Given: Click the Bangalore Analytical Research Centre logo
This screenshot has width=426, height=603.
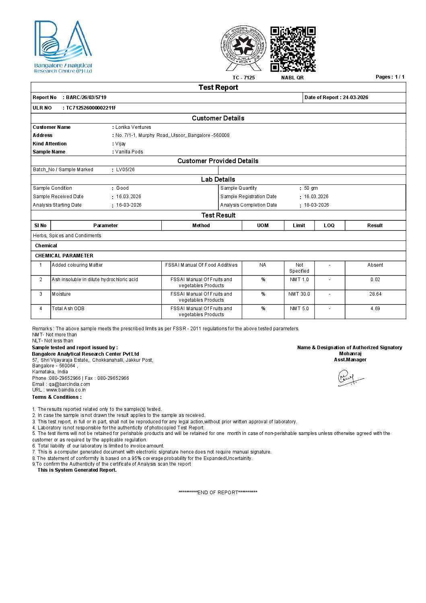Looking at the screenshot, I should pos(63,47).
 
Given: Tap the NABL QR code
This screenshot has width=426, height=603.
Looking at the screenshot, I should pos(292,49).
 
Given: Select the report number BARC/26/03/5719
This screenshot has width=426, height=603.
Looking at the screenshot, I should pos(86,97).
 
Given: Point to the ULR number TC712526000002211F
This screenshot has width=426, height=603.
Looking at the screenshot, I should pos(91,108).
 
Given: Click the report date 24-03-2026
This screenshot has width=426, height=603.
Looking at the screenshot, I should pos(355,97).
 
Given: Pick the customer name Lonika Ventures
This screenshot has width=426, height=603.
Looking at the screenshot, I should pos(133,127).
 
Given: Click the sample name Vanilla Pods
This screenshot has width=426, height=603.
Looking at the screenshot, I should pos(129,152).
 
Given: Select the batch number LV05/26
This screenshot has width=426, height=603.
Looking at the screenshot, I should pos(126,170).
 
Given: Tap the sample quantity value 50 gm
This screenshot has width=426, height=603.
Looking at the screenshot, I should pos(311,188).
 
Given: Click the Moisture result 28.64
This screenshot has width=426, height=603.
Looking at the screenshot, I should pos(375,294).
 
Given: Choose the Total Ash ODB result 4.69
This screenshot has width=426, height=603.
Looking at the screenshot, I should pos(375,309).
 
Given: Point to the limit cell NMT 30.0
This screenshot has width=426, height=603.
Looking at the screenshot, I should pos(299,294).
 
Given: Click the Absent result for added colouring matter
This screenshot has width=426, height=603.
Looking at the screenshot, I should pos(375,265).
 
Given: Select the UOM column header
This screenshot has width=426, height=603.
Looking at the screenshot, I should pos(263,226).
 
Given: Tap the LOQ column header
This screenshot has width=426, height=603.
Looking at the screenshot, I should pos(329,226).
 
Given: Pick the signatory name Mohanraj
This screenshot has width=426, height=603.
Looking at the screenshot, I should pos(350,354).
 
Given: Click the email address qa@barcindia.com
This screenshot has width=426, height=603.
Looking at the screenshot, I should pos(70,384).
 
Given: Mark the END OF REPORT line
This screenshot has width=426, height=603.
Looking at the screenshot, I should pos(218,493).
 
